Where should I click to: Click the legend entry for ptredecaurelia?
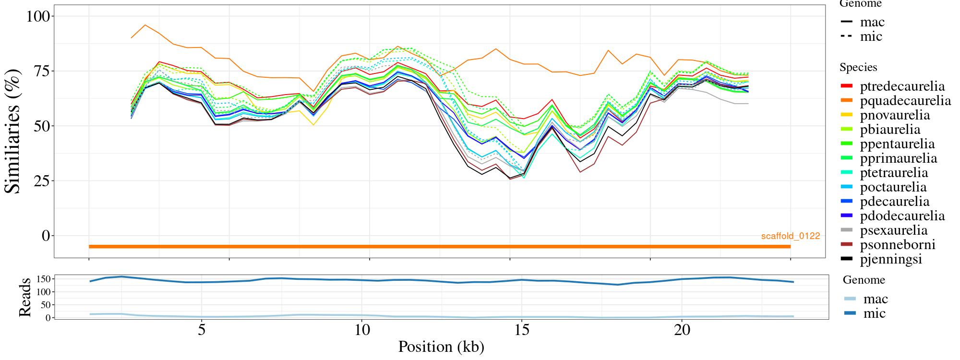[902, 86]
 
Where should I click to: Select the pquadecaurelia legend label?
[905, 101]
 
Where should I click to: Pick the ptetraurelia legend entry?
[894, 173]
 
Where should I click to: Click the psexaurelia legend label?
[894, 230]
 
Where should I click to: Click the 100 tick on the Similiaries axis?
[38, 16]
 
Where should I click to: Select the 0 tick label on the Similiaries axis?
[46, 236]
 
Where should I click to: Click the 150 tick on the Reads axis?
[44, 279]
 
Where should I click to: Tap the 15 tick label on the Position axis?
[522, 330]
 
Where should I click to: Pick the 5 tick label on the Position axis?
[202, 330]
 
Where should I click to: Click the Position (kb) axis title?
[441, 347]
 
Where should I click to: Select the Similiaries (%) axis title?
[13, 131]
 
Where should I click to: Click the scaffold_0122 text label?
[791, 236]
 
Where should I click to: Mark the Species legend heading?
[858, 67]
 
